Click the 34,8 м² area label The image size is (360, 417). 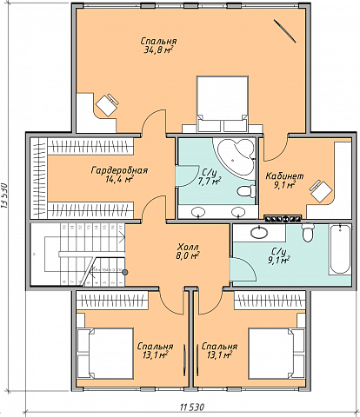point(158,50)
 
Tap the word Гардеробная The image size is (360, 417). point(119,170)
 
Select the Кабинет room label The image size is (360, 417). point(284,175)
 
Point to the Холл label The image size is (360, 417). point(188,247)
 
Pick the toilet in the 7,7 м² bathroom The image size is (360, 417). point(246,191)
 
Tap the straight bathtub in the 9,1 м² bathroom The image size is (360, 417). point(340,248)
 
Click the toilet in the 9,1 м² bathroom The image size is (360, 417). point(308,233)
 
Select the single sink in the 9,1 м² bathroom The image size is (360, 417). point(259,232)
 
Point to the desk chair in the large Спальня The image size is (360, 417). point(107,104)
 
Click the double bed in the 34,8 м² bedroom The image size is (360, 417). point(223,103)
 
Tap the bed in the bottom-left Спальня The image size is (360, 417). point(105,354)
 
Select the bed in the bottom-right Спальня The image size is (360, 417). point(277,354)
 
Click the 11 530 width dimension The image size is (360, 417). point(192,407)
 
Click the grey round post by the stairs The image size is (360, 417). point(125,272)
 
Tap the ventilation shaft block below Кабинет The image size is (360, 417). point(283,219)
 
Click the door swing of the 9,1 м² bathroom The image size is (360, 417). point(243,269)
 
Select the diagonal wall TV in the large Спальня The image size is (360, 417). point(285,31)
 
